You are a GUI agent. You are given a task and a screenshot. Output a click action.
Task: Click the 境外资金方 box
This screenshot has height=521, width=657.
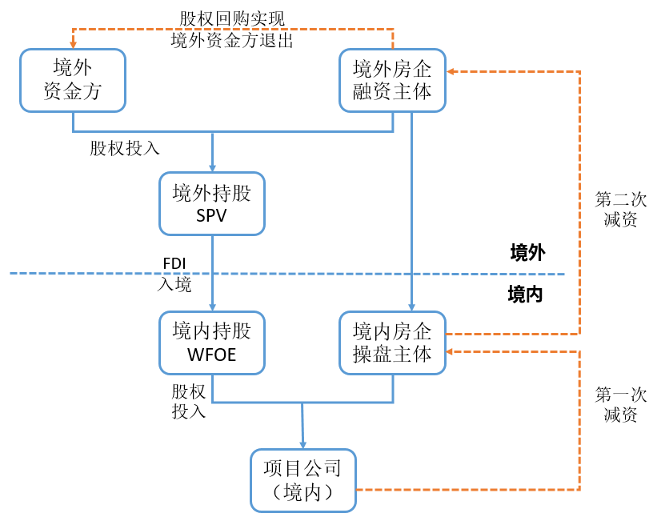pyautogui.click(x=73, y=79)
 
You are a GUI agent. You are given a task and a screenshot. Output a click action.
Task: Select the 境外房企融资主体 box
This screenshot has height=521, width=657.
pyautogui.click(x=392, y=79)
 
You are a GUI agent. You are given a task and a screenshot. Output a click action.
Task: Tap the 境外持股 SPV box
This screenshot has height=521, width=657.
pyautogui.click(x=212, y=203)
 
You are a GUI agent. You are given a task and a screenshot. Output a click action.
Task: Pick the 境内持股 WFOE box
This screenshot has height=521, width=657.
pyautogui.click(x=212, y=343)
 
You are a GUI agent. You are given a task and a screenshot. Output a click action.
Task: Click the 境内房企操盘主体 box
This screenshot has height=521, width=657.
pyautogui.click(x=392, y=343)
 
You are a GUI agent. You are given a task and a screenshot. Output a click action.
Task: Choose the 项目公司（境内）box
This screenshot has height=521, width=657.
pyautogui.click(x=302, y=480)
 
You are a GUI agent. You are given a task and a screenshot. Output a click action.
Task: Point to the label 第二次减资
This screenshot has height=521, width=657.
pyautogui.click(x=621, y=210)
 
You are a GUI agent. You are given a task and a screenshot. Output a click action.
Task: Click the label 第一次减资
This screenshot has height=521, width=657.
pyautogui.click(x=621, y=405)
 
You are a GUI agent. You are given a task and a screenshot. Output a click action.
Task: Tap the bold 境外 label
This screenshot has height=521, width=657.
pyautogui.click(x=527, y=254)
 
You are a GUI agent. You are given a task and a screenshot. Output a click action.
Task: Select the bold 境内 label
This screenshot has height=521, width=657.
pyautogui.click(x=526, y=295)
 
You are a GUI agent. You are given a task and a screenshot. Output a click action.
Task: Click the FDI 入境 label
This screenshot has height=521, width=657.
pyautogui.click(x=175, y=274)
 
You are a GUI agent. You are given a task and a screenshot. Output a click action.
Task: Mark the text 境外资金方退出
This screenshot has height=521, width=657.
pyautogui.click(x=232, y=40)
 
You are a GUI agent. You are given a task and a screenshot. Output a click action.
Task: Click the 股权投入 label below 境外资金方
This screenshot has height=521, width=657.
pyautogui.click(x=125, y=148)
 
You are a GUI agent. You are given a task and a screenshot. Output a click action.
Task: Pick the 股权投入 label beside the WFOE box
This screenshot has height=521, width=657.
pyautogui.click(x=189, y=401)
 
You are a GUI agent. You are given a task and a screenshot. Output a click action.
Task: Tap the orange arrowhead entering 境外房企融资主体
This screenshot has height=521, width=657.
pyautogui.click(x=451, y=71)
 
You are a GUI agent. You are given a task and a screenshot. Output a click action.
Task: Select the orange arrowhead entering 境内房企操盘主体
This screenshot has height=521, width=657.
pyautogui.click(x=451, y=351)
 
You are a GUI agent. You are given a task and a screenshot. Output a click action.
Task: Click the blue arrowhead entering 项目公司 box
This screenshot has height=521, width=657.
pyautogui.click(x=303, y=443)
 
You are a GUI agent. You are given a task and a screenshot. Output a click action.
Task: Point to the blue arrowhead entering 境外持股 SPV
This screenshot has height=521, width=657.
pyautogui.click(x=212, y=168)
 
